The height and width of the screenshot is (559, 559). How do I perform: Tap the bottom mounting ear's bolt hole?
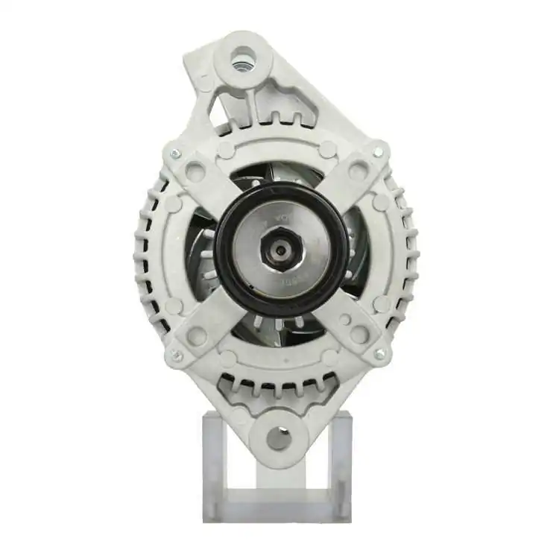pyautogui.click(x=279, y=438)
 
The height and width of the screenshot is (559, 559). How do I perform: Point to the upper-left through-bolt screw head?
pyautogui.click(x=175, y=154)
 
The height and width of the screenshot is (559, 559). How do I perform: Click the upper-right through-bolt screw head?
pyautogui.click(x=377, y=152)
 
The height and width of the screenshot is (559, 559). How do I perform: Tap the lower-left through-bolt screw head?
pyautogui.click(x=177, y=356)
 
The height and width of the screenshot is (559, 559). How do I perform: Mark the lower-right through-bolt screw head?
pyautogui.click(x=379, y=353)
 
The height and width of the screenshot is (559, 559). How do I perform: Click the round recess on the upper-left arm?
pyautogui.click(x=196, y=172)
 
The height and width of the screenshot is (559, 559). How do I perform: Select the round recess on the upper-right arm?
pyautogui.click(x=359, y=171)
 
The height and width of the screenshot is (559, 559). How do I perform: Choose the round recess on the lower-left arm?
pyautogui.click(x=197, y=335)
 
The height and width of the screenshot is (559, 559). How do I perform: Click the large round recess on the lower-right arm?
pyautogui.click(x=359, y=334)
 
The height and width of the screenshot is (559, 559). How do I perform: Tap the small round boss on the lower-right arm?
pyautogui.click(x=344, y=320)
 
